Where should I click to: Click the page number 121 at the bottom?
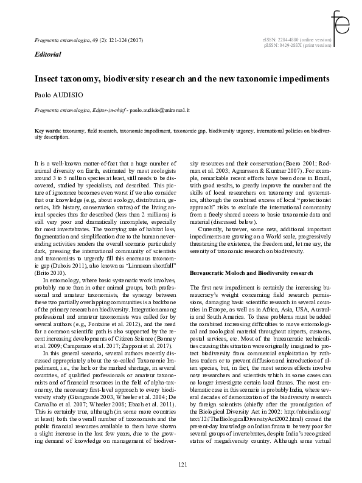tap(182, 465)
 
